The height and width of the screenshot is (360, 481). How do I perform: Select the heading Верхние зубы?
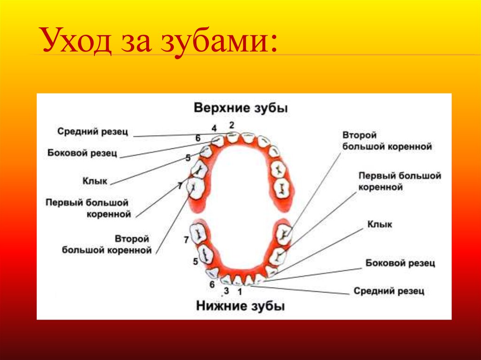240,107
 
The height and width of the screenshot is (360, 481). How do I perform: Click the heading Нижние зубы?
240,306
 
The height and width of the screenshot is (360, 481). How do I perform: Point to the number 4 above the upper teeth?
214,128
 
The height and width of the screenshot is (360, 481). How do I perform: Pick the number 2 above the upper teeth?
231,125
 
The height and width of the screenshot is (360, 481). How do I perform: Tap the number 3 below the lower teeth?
226,291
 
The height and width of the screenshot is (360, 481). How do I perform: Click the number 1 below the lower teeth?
240,291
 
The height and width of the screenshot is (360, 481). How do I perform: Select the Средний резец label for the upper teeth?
93,131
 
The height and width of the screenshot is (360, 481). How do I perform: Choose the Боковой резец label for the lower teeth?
400,263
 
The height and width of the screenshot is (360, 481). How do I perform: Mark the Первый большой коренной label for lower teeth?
400,181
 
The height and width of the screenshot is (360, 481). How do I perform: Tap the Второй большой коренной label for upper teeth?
107,245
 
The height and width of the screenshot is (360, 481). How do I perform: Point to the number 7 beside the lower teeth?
186,240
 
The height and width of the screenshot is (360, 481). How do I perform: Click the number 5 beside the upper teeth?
188,158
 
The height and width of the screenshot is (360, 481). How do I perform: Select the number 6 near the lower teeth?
212,284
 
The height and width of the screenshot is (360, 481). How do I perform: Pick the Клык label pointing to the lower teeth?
380,225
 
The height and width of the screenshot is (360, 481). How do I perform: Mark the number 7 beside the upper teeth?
180,186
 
